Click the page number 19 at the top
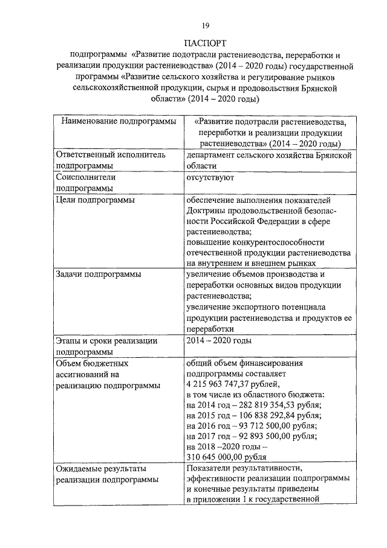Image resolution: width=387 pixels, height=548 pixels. click(x=206, y=25)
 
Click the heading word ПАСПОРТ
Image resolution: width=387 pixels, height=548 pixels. click(x=206, y=43)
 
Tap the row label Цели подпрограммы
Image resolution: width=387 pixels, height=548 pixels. click(x=95, y=200)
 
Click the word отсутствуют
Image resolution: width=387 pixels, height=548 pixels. click(x=210, y=177)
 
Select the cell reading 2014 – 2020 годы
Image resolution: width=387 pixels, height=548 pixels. click(x=219, y=340)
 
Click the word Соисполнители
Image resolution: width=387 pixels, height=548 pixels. click(x=85, y=177)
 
